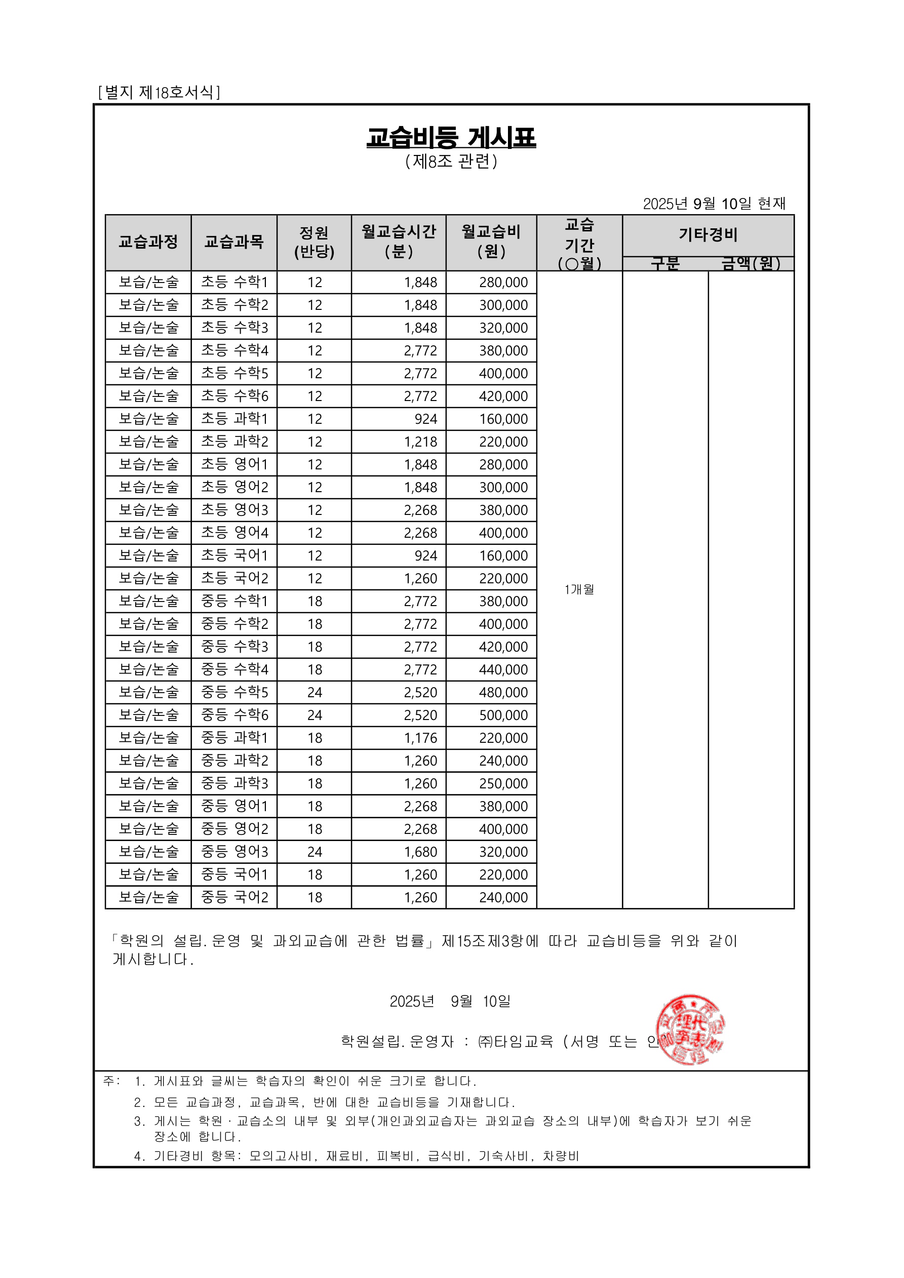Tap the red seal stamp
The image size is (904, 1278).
click(x=690, y=1029)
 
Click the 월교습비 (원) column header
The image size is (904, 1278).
click(x=491, y=242)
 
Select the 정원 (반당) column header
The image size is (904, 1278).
click(x=314, y=242)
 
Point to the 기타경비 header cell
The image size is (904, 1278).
click(x=708, y=235)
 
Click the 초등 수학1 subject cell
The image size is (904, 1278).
click(x=234, y=282)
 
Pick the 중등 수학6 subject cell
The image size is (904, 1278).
click(x=234, y=715)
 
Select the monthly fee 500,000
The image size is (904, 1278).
click(x=503, y=715)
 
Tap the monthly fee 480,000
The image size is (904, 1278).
click(x=503, y=693)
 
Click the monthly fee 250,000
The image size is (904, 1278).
click(x=503, y=784)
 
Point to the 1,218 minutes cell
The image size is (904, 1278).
click(x=420, y=442)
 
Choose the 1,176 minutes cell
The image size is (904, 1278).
click(x=420, y=738)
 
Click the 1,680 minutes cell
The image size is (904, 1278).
click(x=420, y=852)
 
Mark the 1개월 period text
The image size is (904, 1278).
click(x=579, y=589)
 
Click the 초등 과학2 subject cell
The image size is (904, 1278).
click(x=234, y=442)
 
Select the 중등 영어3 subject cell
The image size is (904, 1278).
click(x=234, y=852)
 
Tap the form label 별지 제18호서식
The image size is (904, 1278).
click(x=159, y=92)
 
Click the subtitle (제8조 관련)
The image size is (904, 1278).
click(x=451, y=162)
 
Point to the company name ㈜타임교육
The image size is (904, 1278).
click(x=516, y=1042)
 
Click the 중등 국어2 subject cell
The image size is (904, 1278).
click(x=234, y=897)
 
